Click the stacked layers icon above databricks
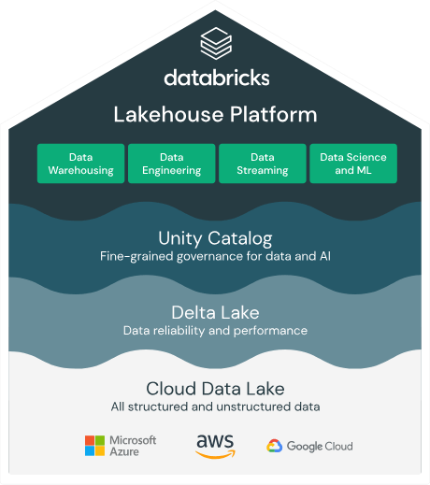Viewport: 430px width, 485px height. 215,42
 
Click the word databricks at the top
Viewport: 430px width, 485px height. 215,77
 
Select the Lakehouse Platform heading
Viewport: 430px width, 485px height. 215,115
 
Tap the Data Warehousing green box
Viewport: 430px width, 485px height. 80,164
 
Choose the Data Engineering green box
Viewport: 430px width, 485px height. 171,164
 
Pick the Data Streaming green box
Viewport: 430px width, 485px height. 262,164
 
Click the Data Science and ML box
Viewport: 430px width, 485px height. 352,164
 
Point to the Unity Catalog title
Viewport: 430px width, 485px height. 215,237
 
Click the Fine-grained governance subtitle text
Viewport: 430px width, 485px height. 215,256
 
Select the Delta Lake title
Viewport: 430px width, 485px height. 215,312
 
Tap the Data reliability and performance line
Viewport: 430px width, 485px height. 215,331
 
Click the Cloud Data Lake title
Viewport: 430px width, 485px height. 215,388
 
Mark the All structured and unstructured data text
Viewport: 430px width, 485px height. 215,407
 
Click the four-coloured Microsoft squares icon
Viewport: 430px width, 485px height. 95,446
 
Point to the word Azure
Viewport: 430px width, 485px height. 125,452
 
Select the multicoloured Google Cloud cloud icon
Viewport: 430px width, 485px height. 275,446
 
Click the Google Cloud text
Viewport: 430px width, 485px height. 320,446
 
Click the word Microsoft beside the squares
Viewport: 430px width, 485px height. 134,439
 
